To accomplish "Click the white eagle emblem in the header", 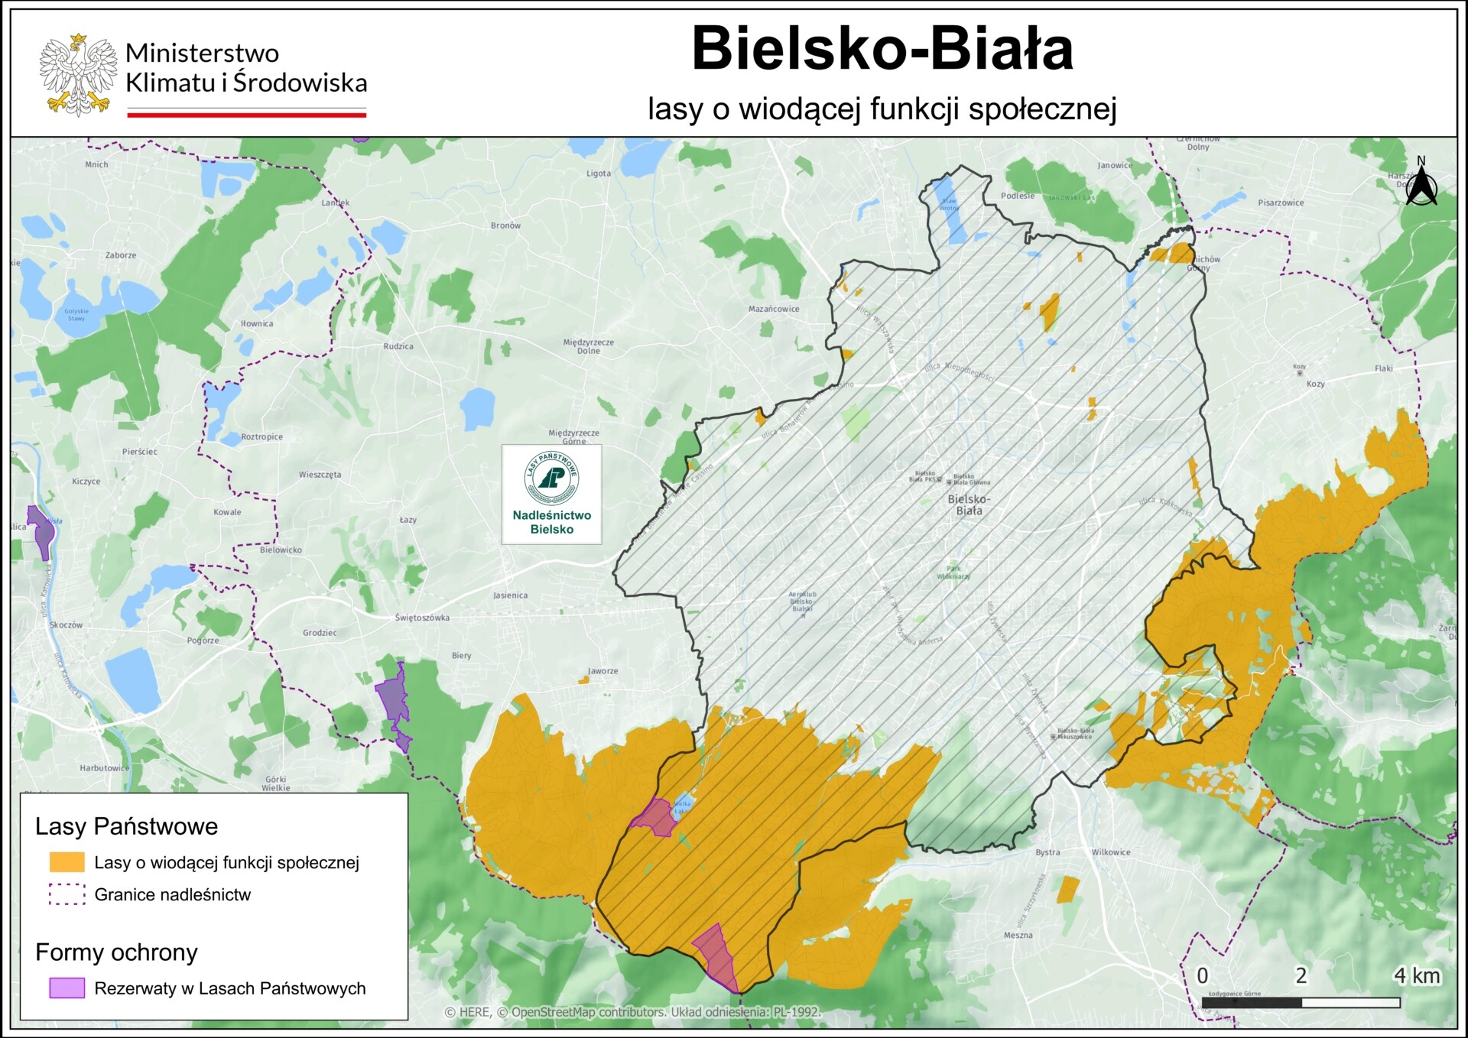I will [78, 75].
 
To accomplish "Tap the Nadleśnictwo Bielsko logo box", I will [551, 495].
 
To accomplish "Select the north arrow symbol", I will [1421, 183].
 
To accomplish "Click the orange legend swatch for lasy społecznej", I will [67, 862].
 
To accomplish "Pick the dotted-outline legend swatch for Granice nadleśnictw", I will [67, 894].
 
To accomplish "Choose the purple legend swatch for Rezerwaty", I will [67, 988].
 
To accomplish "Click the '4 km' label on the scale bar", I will [1416, 976].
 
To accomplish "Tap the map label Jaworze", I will [602, 671].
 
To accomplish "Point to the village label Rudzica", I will [398, 346].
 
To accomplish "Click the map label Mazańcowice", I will [773, 309].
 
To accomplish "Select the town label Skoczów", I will [66, 624].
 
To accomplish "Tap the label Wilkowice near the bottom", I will [1110, 852].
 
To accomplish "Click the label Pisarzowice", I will [1281, 203].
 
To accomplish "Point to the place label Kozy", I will [1315, 384].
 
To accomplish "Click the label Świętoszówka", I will [422, 618].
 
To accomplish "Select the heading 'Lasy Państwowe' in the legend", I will [126, 826].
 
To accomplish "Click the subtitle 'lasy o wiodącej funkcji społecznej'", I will [882, 109].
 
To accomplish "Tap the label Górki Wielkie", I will [275, 783].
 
